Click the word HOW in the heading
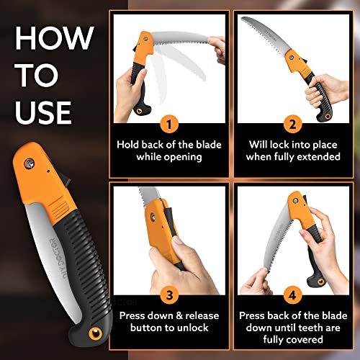tap(54, 38)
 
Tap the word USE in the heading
tap(43, 112)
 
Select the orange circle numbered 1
tap(169, 124)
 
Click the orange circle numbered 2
tap(292, 124)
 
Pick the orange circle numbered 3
tap(169, 295)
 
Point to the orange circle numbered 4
tap(292, 295)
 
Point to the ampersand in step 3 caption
tap(179, 315)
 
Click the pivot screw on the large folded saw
tap(29, 163)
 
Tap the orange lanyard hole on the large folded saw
tap(95, 333)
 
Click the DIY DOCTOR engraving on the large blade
tap(58, 258)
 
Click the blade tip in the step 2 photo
tap(242, 18)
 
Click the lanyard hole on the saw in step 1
tap(139, 111)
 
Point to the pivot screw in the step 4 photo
tap(296, 200)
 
